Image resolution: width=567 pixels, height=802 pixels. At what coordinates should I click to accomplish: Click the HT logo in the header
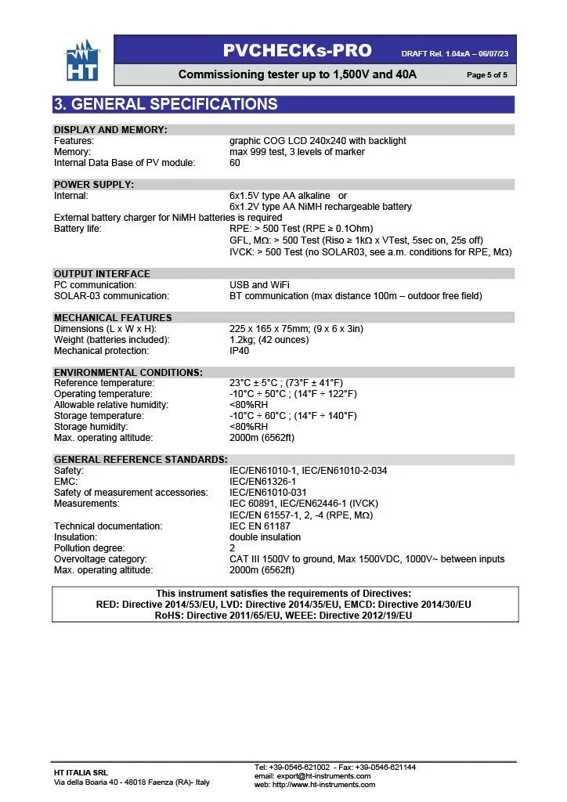(81, 61)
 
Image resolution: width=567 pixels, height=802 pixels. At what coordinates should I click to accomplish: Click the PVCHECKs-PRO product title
(297, 51)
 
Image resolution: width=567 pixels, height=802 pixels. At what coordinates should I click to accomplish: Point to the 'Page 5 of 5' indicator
(486, 75)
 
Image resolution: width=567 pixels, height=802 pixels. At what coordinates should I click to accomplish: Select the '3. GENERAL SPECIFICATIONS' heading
(165, 104)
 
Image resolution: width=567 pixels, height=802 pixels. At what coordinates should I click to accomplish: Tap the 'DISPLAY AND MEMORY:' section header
(110, 130)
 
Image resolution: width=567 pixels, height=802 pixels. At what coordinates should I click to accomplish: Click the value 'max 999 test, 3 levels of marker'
(297, 152)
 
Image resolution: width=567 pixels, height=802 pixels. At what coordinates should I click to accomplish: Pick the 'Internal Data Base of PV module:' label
(125, 163)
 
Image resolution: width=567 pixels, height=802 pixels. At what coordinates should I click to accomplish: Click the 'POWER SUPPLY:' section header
(94, 185)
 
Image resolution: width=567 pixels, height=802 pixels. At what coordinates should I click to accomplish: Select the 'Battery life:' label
(78, 229)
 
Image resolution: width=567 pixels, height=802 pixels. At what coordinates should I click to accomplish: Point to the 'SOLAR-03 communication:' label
(111, 296)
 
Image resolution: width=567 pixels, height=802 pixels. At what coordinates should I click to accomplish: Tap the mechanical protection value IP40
(240, 351)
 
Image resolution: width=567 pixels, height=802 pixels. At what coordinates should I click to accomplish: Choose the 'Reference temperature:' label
(104, 383)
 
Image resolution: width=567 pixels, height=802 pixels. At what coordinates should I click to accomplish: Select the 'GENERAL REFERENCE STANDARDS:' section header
(141, 460)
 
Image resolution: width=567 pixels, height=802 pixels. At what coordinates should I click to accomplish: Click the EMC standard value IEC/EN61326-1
(262, 482)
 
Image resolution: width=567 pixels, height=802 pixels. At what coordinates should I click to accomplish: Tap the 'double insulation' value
(265, 537)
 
